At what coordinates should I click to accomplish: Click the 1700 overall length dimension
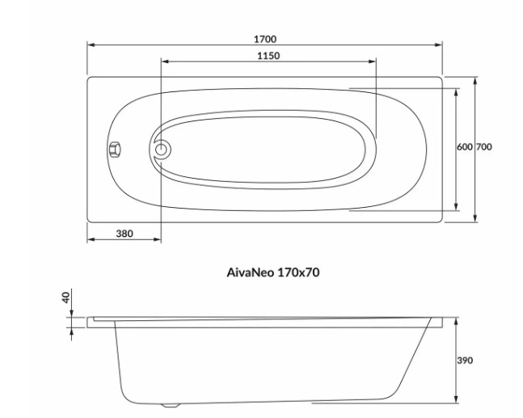(265, 39)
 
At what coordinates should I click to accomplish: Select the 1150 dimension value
(268, 55)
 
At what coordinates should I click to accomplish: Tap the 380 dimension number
(124, 234)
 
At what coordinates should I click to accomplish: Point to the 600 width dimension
(464, 147)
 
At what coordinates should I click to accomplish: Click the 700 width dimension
(483, 147)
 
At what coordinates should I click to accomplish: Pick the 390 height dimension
(465, 361)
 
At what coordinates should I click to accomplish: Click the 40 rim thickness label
(67, 298)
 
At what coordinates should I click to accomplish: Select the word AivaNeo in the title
(250, 272)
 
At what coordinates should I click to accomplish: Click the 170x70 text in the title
(298, 272)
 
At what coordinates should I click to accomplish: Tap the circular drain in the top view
(162, 149)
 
